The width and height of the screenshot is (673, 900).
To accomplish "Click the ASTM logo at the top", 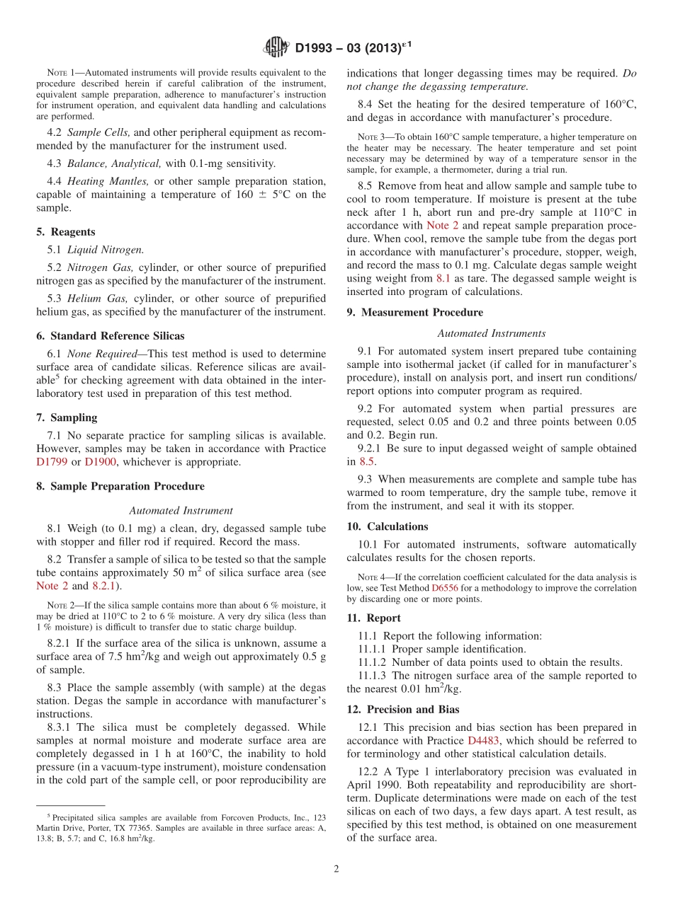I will click(x=276, y=47).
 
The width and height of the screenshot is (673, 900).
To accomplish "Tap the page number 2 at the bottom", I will click(x=336, y=868).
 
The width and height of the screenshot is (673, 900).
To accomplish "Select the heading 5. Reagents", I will click(x=66, y=232).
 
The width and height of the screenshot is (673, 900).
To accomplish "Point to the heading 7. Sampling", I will click(x=67, y=417).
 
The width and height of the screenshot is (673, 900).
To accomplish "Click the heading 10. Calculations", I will click(x=388, y=526).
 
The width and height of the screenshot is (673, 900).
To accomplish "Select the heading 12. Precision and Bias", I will click(x=403, y=709).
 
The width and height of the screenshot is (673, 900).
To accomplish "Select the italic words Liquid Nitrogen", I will click(x=100, y=249).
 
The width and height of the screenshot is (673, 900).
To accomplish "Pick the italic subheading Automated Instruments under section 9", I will click(x=491, y=333).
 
